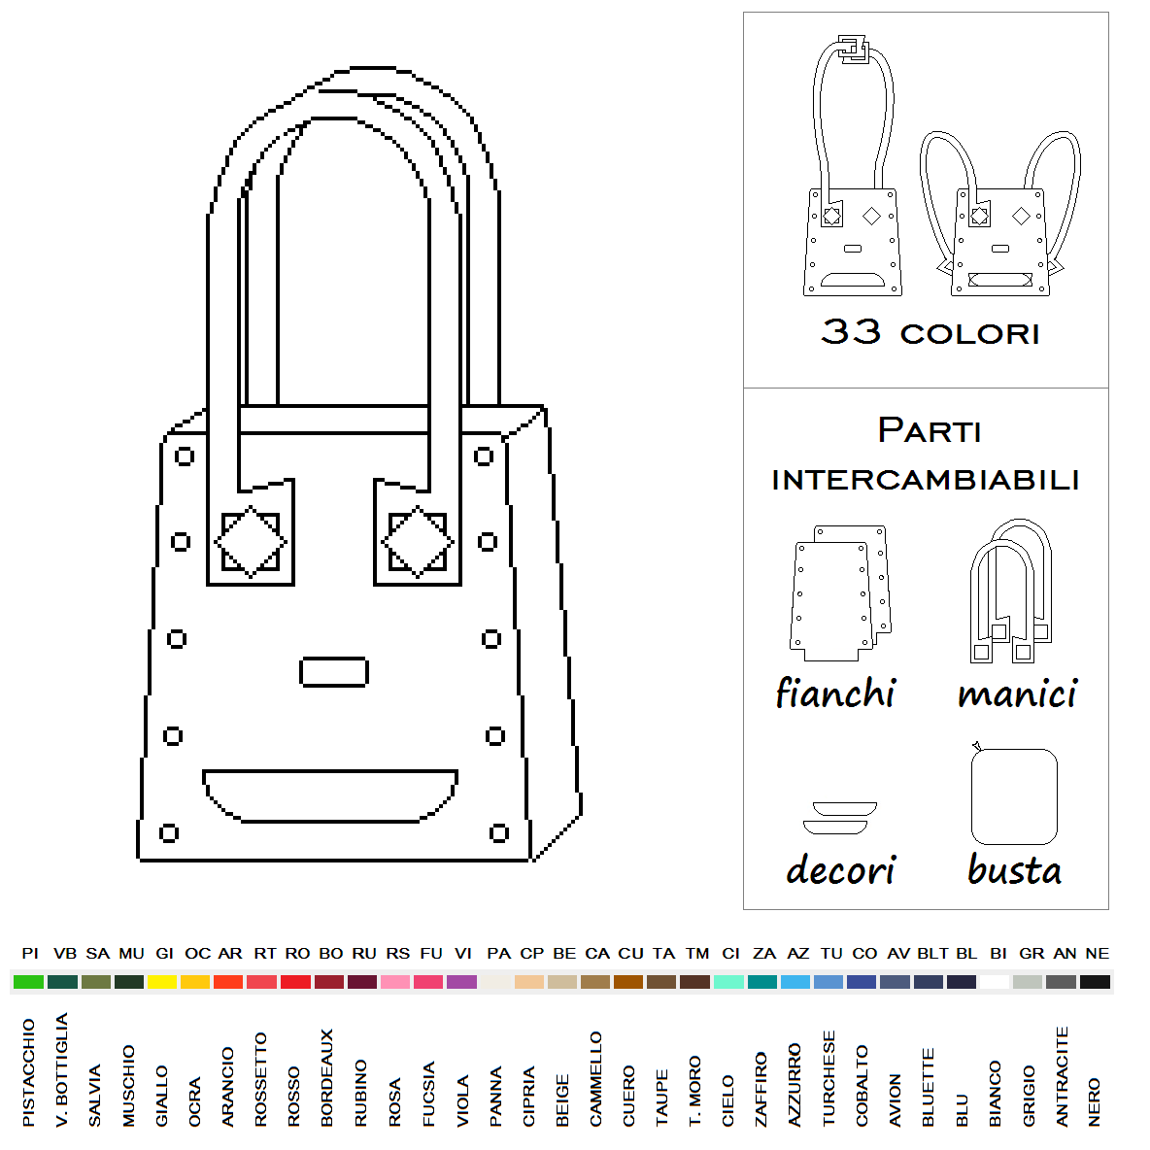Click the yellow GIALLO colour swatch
pyautogui.click(x=162, y=982)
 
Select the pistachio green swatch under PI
pyautogui.click(x=28, y=982)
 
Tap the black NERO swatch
pyautogui.click(x=1095, y=982)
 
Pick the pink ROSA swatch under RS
pyautogui.click(x=395, y=982)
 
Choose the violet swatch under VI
pyautogui.click(x=462, y=982)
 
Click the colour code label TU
pyautogui.click(x=831, y=954)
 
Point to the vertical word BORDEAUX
pyautogui.click(x=327, y=1077)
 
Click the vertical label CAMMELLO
pyautogui.click(x=595, y=1079)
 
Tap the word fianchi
pyautogui.click(x=836, y=693)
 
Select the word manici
pyautogui.click(x=1018, y=693)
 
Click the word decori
pyautogui.click(x=841, y=870)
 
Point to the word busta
pyautogui.click(x=1015, y=870)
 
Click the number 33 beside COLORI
pyautogui.click(x=851, y=331)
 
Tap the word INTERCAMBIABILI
pyautogui.click(x=926, y=481)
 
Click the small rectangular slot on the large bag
pyautogui.click(x=334, y=672)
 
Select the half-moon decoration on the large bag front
pyautogui.click(x=330, y=795)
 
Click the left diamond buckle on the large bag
pyautogui.click(x=251, y=542)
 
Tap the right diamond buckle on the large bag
pyautogui.click(x=418, y=542)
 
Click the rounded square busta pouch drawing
pyautogui.click(x=1014, y=796)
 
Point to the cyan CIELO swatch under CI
pyautogui.click(x=729, y=982)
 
